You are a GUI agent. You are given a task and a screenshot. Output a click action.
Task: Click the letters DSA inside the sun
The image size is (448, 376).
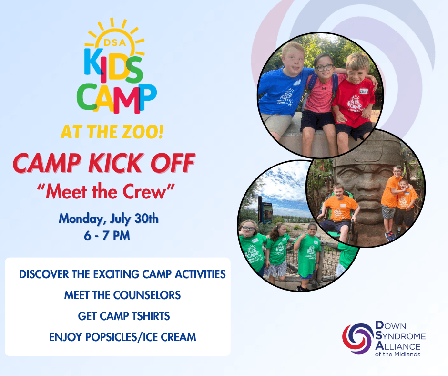coord(114,42)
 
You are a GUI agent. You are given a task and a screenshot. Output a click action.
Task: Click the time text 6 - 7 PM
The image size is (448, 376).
coord(107,236)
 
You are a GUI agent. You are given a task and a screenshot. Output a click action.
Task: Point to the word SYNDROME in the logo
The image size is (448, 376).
coord(400,336)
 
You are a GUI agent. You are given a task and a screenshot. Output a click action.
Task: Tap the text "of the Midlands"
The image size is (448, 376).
coord(397,354)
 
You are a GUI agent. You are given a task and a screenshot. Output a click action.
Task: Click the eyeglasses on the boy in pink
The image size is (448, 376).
coord(324,68)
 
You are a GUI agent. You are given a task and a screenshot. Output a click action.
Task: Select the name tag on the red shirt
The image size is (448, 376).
coord(363,91)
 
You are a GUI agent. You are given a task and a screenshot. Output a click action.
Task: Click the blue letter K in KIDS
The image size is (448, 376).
coord(93,61)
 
